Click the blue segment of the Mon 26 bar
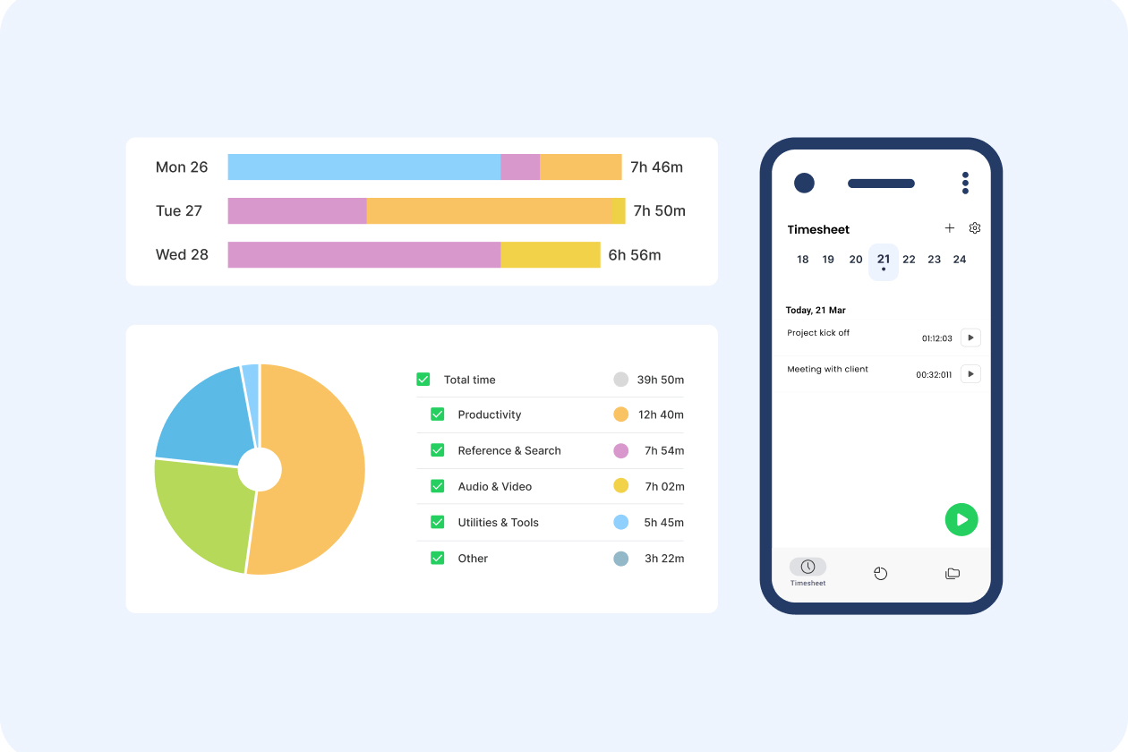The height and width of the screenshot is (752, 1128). [363, 167]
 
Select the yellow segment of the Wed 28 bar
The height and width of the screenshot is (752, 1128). [550, 255]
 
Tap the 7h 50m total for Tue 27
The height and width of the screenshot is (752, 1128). [659, 211]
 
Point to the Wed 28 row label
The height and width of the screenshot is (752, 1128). [182, 255]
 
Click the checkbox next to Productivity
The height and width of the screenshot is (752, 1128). [438, 414]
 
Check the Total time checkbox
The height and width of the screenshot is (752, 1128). [423, 380]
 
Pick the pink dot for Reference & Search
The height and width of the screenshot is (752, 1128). [620, 450]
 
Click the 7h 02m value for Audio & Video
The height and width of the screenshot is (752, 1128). [664, 487]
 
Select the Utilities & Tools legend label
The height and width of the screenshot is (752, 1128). [498, 523]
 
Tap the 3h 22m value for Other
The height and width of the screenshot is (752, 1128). [664, 559]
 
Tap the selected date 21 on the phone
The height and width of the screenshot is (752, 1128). [884, 261]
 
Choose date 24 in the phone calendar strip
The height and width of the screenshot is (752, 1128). [960, 260]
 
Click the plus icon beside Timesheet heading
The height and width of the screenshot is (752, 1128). [950, 228]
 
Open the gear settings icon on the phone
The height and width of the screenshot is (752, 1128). [975, 228]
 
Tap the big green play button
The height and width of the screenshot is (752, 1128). [961, 520]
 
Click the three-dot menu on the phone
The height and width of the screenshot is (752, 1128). [965, 183]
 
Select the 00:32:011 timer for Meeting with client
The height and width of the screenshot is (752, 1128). [934, 375]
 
